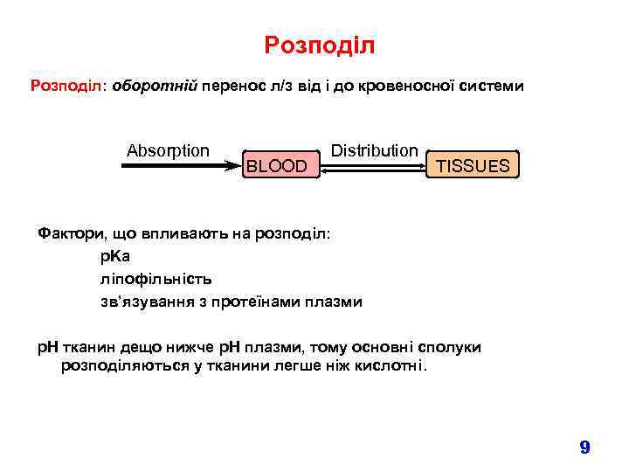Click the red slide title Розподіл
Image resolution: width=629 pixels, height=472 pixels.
[x=319, y=45]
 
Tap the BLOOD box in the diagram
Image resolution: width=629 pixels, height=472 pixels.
[x=276, y=165]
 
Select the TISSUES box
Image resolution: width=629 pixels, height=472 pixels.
[x=473, y=165]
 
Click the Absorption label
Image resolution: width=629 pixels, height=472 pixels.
[x=168, y=150]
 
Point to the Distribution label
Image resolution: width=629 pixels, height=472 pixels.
[x=374, y=150]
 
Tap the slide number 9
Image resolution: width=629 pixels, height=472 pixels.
[x=584, y=448]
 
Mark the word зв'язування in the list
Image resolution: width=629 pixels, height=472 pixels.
[x=142, y=302]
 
